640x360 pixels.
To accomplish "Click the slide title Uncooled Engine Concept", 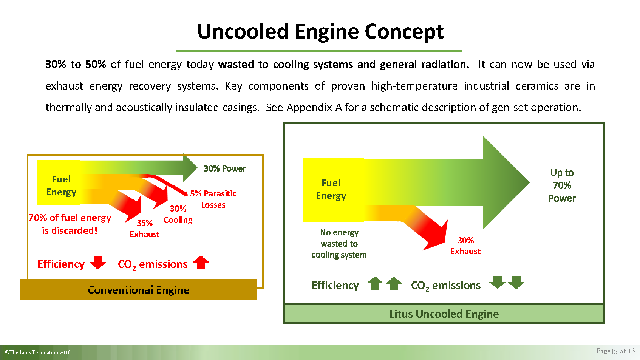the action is (320, 32).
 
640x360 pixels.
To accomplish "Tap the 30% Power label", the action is (224, 168).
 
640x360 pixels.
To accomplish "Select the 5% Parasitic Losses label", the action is (213, 199).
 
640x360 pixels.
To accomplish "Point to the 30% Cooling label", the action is (178, 214).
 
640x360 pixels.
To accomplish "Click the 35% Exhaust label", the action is (145, 229).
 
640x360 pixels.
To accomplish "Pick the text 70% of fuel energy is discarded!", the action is (70, 224).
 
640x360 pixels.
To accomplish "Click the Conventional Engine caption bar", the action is (139, 290).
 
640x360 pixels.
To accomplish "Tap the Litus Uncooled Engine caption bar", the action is (444, 314).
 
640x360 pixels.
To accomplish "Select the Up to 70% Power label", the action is (562, 185).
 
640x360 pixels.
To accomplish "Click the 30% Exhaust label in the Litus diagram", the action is (465, 246).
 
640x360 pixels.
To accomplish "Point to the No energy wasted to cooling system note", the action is (339, 244).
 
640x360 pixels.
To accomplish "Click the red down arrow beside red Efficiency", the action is (98, 262).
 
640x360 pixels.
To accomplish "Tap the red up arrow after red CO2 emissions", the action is (201, 262).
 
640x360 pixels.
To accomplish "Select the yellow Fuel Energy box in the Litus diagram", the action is (334, 190).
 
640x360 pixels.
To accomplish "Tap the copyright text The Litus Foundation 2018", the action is (38, 352).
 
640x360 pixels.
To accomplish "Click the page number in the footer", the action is (615, 351).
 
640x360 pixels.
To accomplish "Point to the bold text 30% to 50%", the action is (76, 64).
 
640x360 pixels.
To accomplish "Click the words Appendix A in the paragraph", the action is (314, 107).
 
